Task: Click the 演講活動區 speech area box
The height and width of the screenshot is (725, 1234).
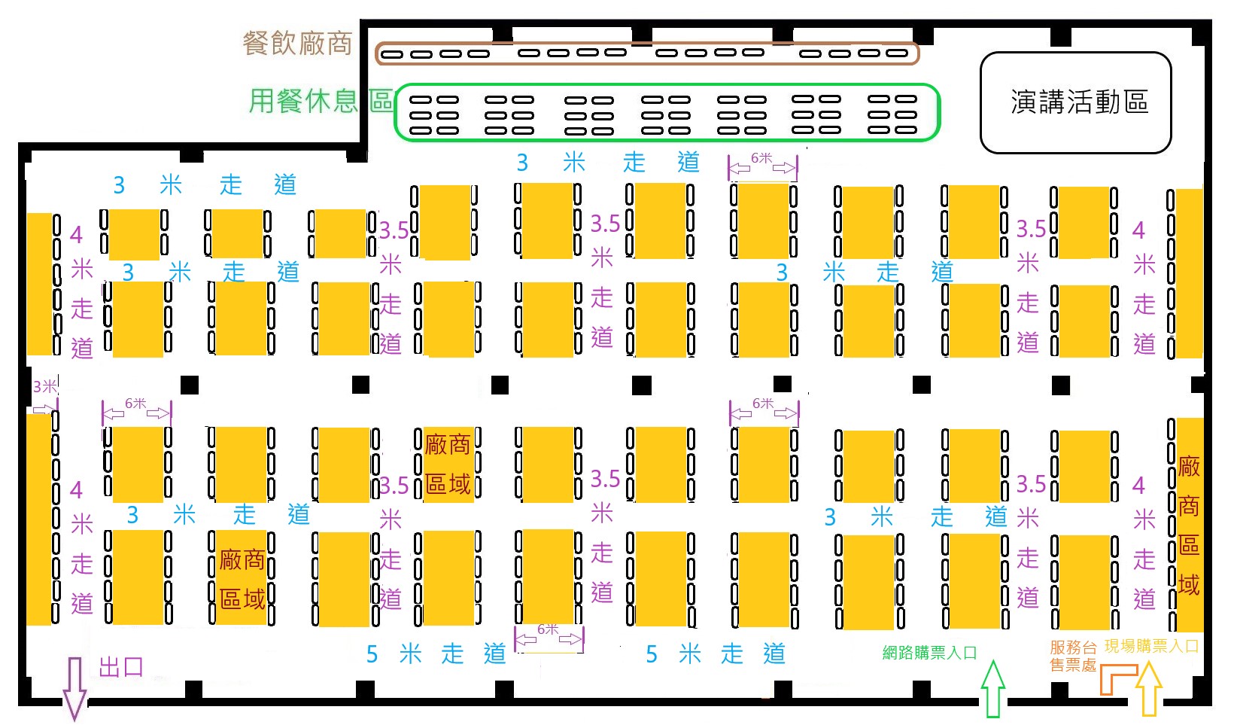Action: tap(1075, 102)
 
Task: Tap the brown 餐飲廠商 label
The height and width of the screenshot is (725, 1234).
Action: tap(297, 44)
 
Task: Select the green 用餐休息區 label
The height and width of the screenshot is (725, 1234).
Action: tap(322, 101)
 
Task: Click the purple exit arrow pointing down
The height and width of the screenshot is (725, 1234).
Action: tap(75, 689)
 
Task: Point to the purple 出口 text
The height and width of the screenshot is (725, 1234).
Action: tap(122, 667)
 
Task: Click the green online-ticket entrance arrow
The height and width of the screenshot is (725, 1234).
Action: tap(992, 689)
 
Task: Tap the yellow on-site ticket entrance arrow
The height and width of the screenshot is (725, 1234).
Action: tap(1149, 689)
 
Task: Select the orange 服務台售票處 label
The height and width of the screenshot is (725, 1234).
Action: tap(1073, 656)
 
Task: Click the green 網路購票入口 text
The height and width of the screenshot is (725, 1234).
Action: tap(929, 653)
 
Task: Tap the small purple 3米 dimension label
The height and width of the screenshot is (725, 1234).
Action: tap(44, 386)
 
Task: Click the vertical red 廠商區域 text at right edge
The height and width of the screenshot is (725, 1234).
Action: tap(1189, 525)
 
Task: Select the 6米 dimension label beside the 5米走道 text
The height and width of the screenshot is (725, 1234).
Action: tap(548, 629)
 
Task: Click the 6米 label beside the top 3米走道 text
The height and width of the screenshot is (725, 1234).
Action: tap(762, 158)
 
